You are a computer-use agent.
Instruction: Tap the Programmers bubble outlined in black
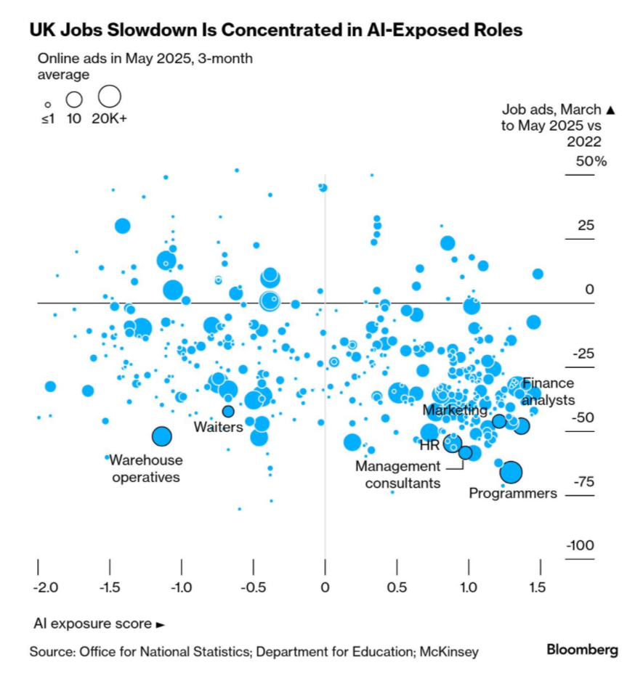point(511,473)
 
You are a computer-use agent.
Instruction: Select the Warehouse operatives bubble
point(161,436)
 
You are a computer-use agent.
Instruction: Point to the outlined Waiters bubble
point(228,411)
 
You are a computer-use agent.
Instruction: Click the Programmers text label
point(512,494)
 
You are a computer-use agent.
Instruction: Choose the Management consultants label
point(397,475)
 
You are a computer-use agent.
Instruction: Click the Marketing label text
point(455,411)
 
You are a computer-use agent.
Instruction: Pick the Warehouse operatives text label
point(146,469)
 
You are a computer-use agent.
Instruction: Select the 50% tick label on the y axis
point(591,161)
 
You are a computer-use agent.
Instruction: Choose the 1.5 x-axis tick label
point(538,587)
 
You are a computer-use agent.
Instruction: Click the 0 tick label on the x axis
point(325,587)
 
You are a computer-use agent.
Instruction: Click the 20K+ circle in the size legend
point(109,97)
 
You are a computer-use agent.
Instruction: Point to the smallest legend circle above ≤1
point(47,105)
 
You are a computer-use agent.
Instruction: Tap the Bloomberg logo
point(582,650)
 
